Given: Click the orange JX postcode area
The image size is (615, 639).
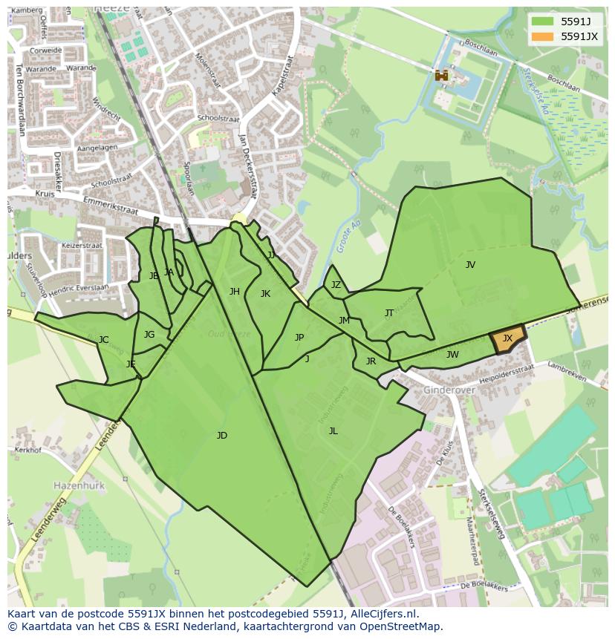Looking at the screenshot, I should (508, 340).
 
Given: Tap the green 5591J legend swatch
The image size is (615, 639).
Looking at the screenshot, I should (542, 22).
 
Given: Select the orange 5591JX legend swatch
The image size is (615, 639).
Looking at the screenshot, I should (542, 36).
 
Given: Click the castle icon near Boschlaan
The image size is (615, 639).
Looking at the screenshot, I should (441, 75).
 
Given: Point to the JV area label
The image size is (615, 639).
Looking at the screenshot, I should (470, 265).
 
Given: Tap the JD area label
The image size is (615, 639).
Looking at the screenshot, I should (221, 436).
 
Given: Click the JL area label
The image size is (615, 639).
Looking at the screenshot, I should (333, 431).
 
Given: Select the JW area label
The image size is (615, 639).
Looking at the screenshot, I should (452, 355).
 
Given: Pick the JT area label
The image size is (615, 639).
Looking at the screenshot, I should (389, 313).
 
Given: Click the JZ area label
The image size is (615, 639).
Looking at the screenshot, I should (336, 285).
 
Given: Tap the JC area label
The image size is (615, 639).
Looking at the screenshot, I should (104, 341).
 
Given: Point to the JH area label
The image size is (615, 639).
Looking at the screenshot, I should (235, 292).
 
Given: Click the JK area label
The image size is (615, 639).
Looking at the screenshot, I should (265, 294).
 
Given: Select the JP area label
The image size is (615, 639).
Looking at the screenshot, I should (299, 338).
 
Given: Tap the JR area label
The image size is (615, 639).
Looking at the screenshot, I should (371, 362).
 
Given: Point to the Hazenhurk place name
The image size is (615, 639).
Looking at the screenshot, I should (79, 485).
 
